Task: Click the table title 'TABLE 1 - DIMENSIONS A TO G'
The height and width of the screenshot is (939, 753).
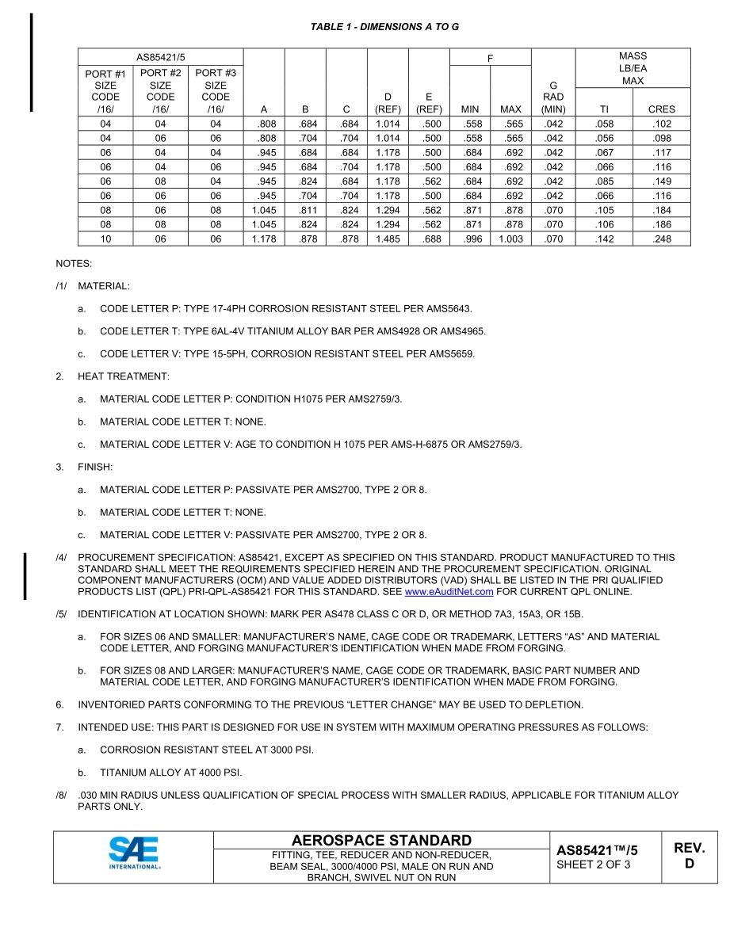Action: coord(384,27)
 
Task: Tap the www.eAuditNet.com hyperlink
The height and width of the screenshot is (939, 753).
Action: coord(449,592)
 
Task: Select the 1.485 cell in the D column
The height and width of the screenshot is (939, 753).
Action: coord(388,239)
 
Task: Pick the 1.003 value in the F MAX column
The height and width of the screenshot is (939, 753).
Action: coord(510,239)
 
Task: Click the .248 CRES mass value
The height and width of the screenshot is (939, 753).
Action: coord(661,239)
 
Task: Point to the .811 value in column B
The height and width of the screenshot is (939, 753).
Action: coord(305,211)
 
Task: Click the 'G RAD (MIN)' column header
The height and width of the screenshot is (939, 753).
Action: coord(553,97)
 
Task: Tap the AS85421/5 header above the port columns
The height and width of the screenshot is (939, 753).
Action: coord(160,57)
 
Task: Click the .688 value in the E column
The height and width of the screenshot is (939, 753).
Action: coord(429,239)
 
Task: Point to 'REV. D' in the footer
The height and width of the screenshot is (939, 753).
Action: coord(689,856)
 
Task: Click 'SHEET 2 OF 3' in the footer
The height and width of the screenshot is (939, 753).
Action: coord(594,865)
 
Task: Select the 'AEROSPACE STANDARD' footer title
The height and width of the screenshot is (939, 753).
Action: coord(381,840)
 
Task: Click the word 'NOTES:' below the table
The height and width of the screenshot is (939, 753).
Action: coord(74,263)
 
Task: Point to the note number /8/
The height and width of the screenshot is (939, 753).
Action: coord(61,796)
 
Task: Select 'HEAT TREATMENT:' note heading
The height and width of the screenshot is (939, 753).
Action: coord(123,376)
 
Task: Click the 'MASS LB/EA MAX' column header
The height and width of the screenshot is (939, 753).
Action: coord(633,68)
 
